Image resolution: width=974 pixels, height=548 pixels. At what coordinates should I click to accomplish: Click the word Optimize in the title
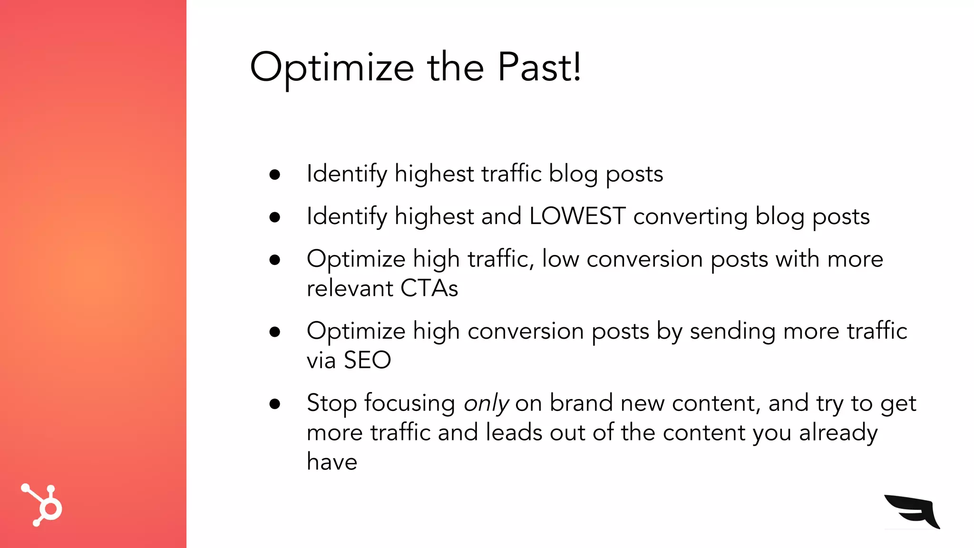332,68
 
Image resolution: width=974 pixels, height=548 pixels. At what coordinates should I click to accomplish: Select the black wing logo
912,511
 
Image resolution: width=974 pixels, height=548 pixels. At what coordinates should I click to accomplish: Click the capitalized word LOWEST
577,216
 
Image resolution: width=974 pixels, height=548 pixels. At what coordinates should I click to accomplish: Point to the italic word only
486,403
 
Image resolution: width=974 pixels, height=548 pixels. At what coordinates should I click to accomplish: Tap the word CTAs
429,288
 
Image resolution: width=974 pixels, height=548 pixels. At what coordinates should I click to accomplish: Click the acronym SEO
367,360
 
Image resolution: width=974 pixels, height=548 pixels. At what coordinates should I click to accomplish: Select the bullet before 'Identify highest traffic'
274,175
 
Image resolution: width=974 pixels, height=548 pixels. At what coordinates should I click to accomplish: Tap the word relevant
350,288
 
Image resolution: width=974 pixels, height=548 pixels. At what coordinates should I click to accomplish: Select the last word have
332,462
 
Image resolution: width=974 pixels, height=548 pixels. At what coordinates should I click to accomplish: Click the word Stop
331,403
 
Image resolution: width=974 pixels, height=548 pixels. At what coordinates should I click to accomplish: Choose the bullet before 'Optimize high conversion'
274,332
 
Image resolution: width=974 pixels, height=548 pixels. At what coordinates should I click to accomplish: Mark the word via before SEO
321,360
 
